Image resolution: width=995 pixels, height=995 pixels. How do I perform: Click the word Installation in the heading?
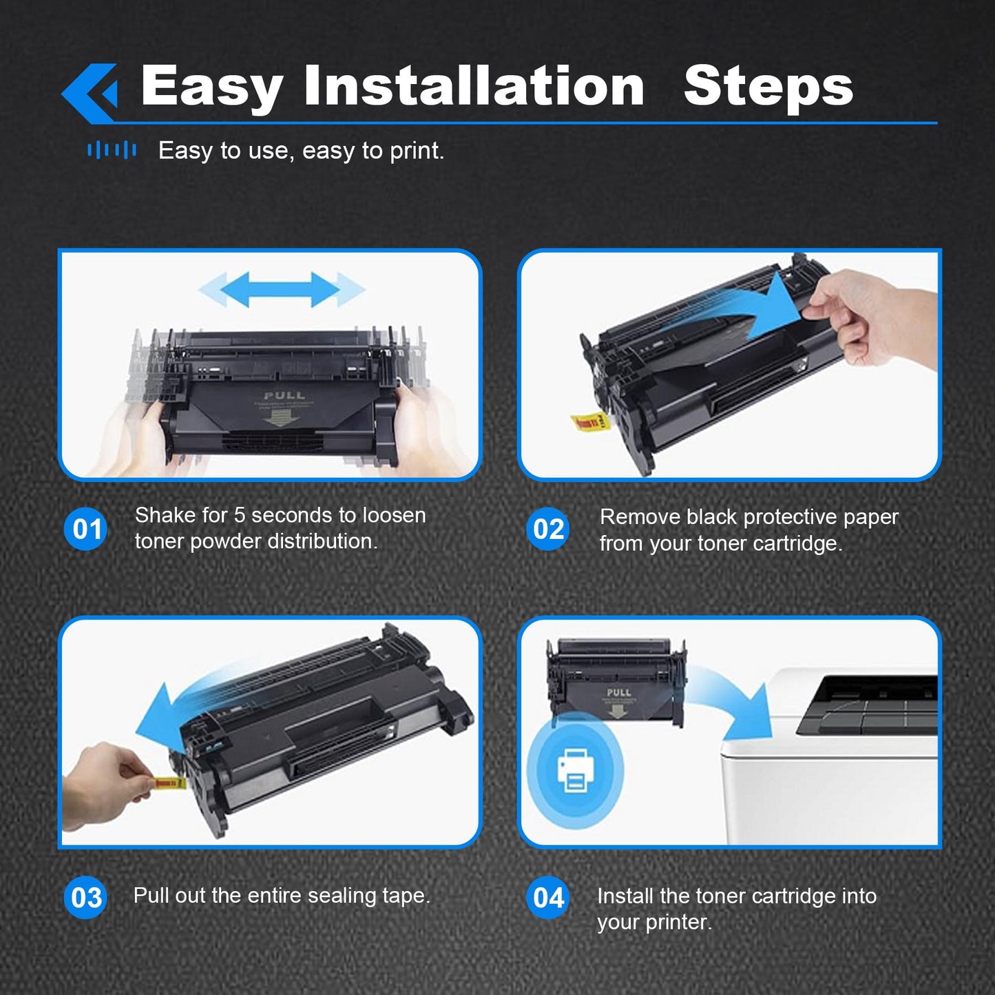point(474,86)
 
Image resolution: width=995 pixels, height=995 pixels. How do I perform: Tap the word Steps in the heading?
point(768,87)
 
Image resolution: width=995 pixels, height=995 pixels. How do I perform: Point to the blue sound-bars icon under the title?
point(112,150)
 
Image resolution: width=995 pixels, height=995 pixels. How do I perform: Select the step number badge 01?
point(86,529)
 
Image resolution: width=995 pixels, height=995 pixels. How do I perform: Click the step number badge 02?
point(549,529)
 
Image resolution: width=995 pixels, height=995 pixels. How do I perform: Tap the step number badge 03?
point(86,897)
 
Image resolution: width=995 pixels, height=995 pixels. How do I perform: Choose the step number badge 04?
point(549,897)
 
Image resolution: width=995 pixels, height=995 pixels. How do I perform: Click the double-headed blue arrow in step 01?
point(282,289)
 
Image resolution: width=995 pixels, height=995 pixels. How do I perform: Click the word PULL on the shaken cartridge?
point(284,395)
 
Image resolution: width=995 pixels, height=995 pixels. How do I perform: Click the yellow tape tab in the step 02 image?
point(588,421)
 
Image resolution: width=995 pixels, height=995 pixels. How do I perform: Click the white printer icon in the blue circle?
point(575,768)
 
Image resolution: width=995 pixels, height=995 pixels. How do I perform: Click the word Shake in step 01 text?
point(162,515)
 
